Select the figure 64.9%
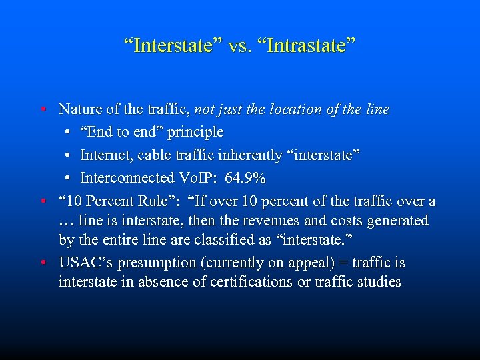pos(245,178)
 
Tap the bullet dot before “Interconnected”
pos(69,178)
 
